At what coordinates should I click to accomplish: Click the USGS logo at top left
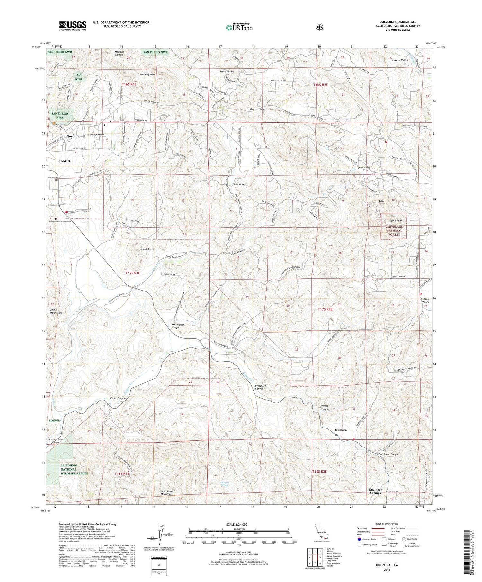73,25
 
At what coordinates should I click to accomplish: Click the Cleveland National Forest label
394,230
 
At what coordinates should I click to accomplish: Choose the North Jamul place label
76,136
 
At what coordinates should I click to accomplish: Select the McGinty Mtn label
147,74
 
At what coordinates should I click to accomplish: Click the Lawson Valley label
400,60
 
